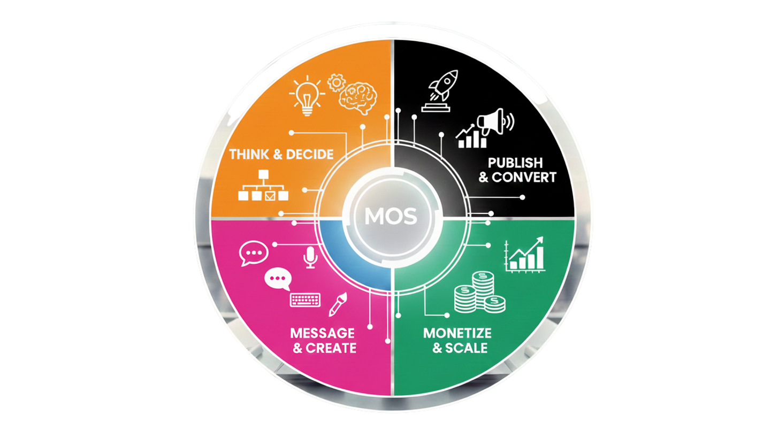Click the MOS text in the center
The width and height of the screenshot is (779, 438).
(390, 217)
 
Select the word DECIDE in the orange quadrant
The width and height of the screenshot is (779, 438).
(310, 155)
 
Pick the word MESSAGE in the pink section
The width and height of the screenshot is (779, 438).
(322, 333)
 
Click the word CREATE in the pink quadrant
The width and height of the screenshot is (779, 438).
(331, 348)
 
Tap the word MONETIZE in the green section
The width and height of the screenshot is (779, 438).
(457, 333)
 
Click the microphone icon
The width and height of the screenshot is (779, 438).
(309, 257)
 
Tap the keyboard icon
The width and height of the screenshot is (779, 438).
(305, 299)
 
